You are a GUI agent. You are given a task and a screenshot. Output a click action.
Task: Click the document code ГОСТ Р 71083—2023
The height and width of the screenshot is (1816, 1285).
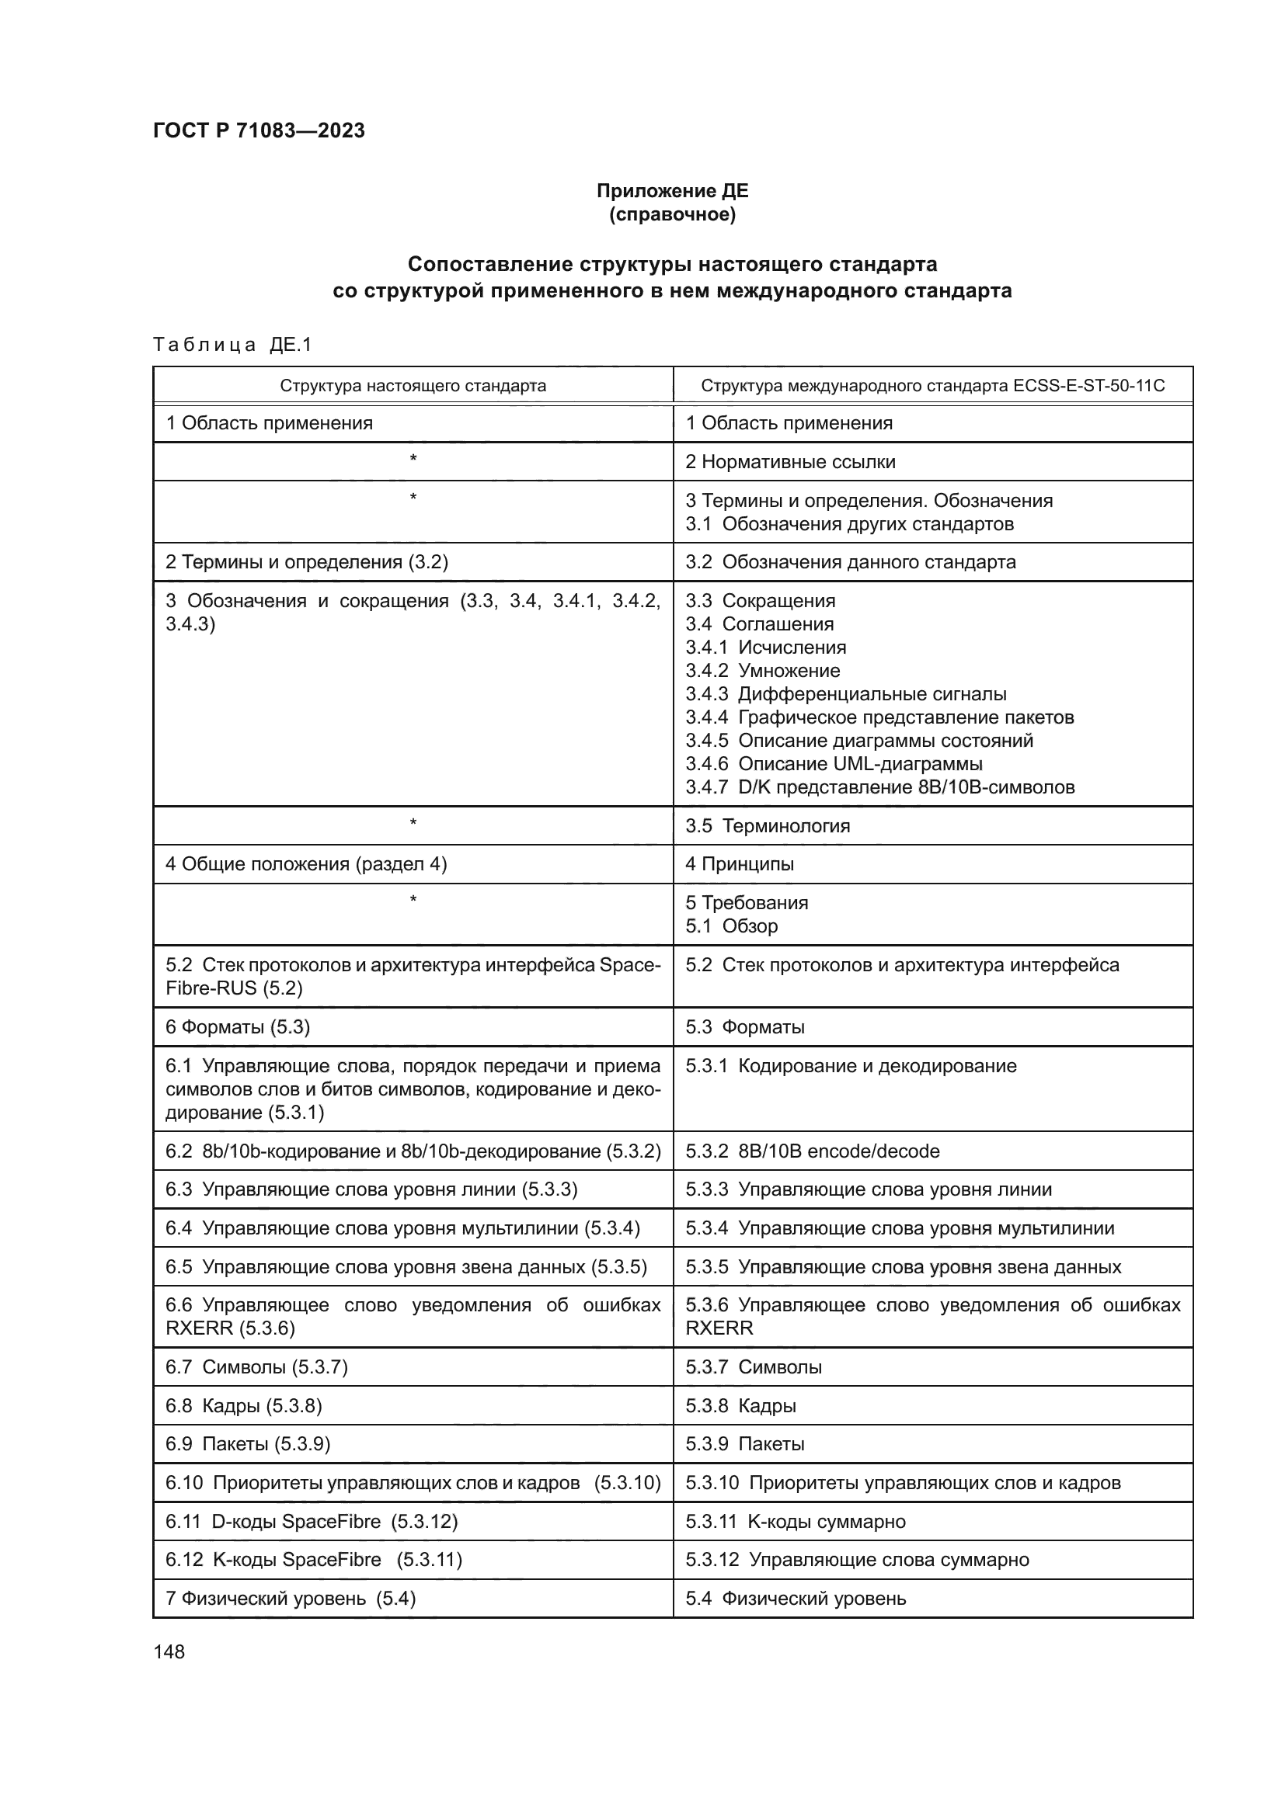(x=259, y=130)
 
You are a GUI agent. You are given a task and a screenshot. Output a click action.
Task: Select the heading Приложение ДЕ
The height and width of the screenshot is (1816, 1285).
(x=672, y=191)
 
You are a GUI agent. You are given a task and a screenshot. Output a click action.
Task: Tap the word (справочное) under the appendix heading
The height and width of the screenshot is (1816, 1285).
(x=672, y=214)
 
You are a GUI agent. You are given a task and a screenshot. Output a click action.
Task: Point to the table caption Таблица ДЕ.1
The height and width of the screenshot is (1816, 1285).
(x=232, y=344)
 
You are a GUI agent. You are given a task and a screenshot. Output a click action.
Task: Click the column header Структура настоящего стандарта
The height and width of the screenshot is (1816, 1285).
(x=413, y=386)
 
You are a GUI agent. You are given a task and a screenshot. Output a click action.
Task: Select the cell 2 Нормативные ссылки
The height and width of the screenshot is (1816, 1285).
(x=789, y=462)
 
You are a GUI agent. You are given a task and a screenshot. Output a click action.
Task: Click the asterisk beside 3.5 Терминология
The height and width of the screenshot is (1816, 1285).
(x=413, y=822)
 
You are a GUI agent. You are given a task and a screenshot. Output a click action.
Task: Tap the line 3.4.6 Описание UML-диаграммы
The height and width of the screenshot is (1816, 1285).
(x=833, y=764)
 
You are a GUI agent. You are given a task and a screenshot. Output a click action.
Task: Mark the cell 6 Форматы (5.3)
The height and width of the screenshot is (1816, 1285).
(x=238, y=1027)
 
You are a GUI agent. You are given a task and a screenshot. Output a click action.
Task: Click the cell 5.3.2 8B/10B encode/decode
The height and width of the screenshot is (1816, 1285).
(x=812, y=1151)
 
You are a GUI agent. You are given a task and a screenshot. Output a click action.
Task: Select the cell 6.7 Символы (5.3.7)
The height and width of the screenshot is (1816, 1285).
(x=256, y=1367)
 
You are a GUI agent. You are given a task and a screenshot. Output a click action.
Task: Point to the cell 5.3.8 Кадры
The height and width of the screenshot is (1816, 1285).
(x=740, y=1406)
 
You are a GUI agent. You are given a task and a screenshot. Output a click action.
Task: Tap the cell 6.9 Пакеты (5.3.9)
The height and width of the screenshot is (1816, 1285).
(x=247, y=1444)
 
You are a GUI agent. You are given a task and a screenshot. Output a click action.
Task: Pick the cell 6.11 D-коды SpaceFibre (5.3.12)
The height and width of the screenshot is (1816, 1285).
(x=311, y=1522)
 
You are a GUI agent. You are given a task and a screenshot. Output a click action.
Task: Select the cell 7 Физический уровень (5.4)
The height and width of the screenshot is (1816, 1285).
(x=291, y=1599)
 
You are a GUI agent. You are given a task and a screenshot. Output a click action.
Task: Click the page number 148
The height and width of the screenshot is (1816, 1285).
(x=169, y=1652)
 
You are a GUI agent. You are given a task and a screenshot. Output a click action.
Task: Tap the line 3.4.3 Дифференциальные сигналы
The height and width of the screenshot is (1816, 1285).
(x=845, y=694)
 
